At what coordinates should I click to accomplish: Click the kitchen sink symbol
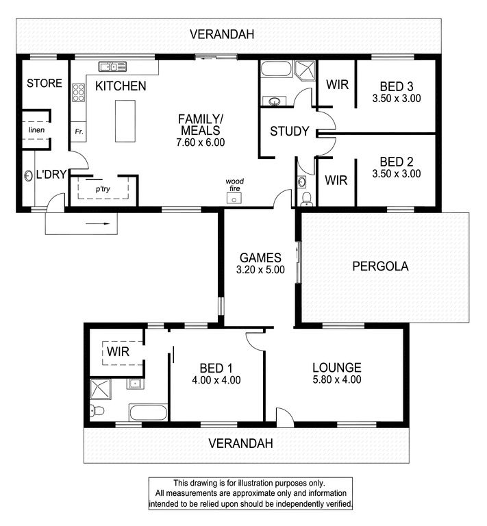[x=112, y=66]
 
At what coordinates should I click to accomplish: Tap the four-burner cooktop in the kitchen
[x=79, y=92]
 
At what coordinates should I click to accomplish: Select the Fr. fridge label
[x=79, y=131]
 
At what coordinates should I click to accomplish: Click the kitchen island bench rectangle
[x=125, y=121]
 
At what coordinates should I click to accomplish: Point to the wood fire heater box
[x=234, y=198]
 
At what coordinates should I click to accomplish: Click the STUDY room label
[x=290, y=131]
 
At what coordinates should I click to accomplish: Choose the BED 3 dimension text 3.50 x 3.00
[x=397, y=99]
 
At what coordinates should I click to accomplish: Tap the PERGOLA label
[x=380, y=266]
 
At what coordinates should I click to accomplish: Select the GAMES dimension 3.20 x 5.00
[x=260, y=269]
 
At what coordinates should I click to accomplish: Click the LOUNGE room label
[x=337, y=368]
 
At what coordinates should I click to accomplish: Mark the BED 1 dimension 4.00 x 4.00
[x=216, y=380]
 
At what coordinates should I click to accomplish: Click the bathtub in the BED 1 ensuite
[x=148, y=412]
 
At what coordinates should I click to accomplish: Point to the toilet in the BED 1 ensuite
[x=97, y=410]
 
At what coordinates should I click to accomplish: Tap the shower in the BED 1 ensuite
[x=100, y=390]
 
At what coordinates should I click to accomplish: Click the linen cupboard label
[x=36, y=130]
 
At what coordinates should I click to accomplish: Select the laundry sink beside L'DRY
[x=28, y=175]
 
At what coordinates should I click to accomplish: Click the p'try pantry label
[x=103, y=189]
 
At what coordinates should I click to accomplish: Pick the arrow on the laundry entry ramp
[x=97, y=223]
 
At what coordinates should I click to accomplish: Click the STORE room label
[x=45, y=83]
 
